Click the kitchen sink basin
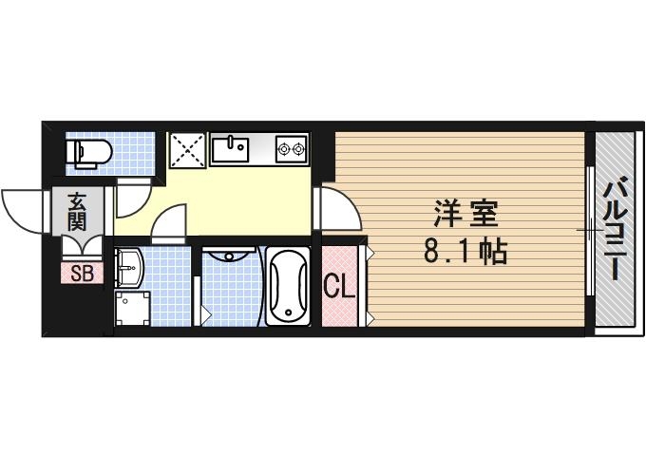tap(229, 149)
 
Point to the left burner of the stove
tap(283, 148)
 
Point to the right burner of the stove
tap(299, 148)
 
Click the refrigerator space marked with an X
tap(188, 150)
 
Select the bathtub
tap(286, 285)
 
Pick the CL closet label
tap(339, 286)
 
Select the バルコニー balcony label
tap(615, 228)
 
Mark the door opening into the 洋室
tap(338, 209)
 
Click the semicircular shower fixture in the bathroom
tap(230, 254)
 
